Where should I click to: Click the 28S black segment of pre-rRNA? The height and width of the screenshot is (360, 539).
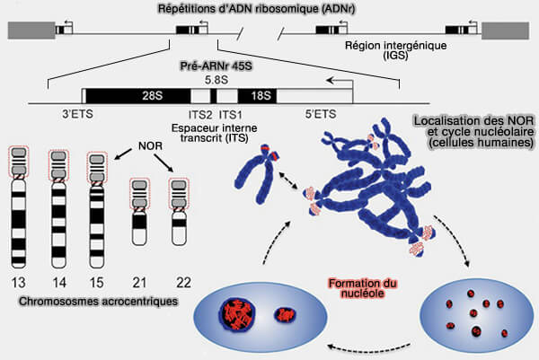click(x=137, y=96)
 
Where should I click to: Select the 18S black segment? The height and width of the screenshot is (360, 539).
click(x=257, y=96)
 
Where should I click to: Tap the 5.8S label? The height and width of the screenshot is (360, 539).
click(x=216, y=80)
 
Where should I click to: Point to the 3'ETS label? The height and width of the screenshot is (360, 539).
click(x=77, y=114)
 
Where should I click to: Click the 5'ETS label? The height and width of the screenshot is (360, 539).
click(x=321, y=114)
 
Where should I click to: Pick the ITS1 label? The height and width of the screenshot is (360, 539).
click(x=230, y=114)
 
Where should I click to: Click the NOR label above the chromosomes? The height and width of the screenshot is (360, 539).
click(x=150, y=146)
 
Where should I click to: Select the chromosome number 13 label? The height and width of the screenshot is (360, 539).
click(x=18, y=283)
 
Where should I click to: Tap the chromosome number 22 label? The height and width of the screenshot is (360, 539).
click(x=183, y=283)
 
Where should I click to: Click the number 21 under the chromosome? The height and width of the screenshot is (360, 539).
click(x=139, y=283)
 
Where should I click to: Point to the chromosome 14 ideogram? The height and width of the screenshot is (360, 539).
click(x=58, y=209)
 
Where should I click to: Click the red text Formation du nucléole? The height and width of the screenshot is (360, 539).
click(x=363, y=288)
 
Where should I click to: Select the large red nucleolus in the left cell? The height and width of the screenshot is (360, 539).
click(x=237, y=313)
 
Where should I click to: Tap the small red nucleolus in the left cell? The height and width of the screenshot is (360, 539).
click(x=285, y=314)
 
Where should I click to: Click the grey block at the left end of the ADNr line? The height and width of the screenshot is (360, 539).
click(x=31, y=31)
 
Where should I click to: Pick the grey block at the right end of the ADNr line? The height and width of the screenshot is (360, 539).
click(x=505, y=31)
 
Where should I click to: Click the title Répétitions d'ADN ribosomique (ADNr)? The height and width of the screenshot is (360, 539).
click(x=256, y=9)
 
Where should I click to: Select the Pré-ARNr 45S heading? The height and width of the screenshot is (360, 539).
click(x=216, y=66)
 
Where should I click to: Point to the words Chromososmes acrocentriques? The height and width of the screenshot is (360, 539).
click(x=98, y=302)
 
